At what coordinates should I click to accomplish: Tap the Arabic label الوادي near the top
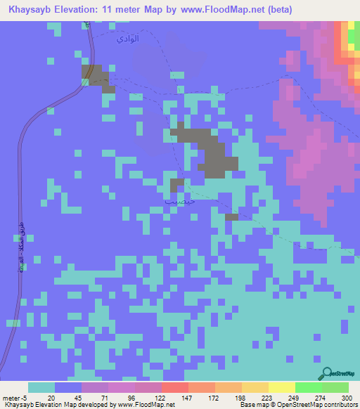(127, 40)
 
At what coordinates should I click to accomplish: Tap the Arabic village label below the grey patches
(175, 202)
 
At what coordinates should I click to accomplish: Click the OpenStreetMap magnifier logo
(328, 374)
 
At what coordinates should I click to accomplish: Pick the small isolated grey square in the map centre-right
(231, 217)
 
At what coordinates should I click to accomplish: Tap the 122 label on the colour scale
(160, 398)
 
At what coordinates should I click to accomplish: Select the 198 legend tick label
(215, 398)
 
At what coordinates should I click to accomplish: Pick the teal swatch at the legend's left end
(41, 388)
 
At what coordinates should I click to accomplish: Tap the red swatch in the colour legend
(174, 388)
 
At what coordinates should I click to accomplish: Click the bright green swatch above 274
(308, 388)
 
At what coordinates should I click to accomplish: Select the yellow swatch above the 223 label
(255, 388)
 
